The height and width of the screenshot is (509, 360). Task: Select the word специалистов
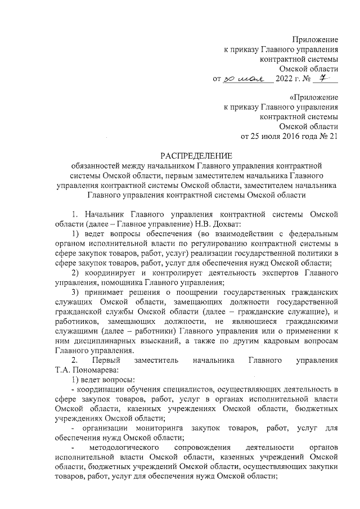[177, 390]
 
